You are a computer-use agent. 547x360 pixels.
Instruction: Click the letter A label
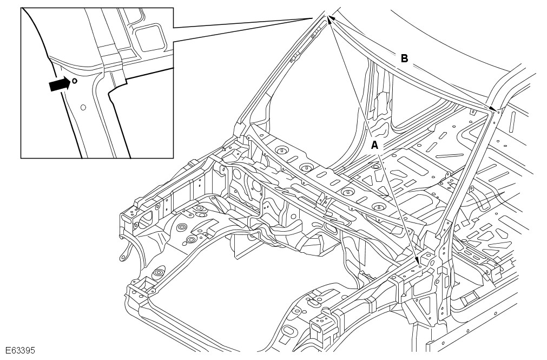(x=374, y=145)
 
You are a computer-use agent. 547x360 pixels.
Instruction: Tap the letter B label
(x=404, y=58)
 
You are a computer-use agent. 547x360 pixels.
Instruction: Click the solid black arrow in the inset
(x=60, y=84)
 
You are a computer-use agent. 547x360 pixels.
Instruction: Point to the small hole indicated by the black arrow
(x=75, y=81)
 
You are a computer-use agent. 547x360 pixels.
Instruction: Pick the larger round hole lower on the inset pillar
(x=83, y=107)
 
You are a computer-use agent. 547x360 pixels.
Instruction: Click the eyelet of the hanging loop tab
(x=122, y=258)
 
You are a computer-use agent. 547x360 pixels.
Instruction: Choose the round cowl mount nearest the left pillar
(x=281, y=150)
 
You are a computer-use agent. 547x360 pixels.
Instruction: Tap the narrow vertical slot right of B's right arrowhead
(x=513, y=120)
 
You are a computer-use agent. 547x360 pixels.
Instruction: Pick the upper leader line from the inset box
(x=242, y=23)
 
